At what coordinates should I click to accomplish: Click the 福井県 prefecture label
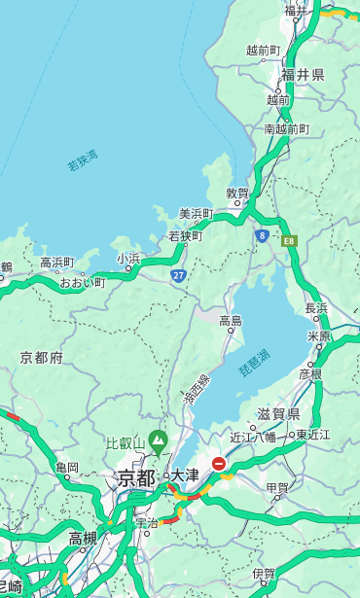pos(303,74)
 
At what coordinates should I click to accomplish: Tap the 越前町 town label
pos(263,50)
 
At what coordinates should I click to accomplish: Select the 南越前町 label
pos(286,128)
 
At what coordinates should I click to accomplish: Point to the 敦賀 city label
pos(237,193)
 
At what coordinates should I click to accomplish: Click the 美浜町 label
pos(196,214)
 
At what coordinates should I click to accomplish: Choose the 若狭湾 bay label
pos(83,160)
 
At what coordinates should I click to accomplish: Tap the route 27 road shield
pos(178,276)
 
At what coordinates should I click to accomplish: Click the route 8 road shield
pos(262,235)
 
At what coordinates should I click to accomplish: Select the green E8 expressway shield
pos(289,239)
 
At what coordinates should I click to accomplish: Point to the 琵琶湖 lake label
pos(254,364)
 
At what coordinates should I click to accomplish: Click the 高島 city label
pos(231,321)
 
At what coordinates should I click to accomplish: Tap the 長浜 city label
pos(316,308)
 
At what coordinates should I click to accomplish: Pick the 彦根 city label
pos(309,373)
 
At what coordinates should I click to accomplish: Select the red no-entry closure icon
pos(220,464)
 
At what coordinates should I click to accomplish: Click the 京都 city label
pos(136,477)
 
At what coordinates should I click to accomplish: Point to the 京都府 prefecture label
pos(42,358)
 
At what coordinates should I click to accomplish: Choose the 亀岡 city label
pos(67,467)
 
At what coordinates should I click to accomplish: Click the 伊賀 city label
pos(263,574)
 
